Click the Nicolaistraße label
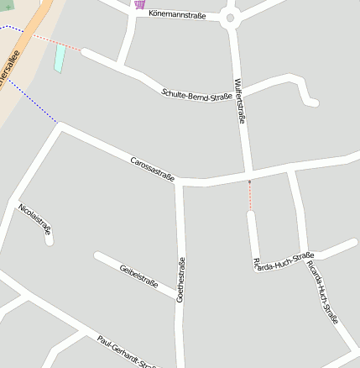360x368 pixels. [x=35, y=219]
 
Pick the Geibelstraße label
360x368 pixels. [x=139, y=276]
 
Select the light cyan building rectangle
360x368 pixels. [x=60, y=58]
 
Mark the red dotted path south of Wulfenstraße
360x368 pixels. [x=249, y=196]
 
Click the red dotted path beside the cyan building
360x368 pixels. [x=58, y=43]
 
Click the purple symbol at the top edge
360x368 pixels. [x=139, y=3]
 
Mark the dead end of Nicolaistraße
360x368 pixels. [x=50, y=241]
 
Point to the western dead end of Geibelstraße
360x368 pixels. [x=98, y=255]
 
